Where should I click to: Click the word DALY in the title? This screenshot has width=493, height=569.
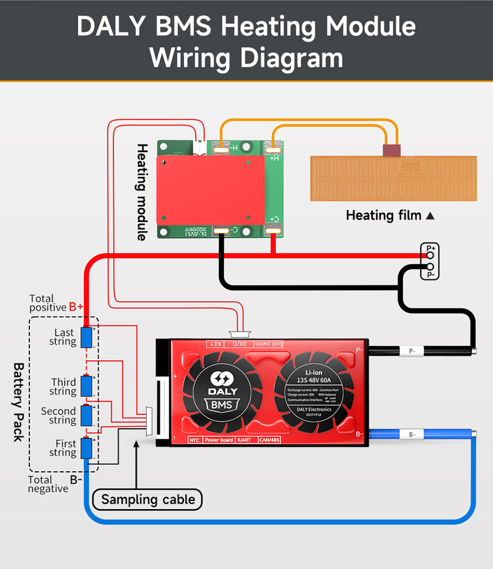pyautogui.click(x=114, y=27)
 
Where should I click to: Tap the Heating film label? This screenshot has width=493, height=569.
pyautogui.click(x=385, y=216)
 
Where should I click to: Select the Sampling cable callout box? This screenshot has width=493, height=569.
pyautogui.click(x=148, y=499)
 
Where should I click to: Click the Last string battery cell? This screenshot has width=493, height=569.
pyautogui.click(x=87, y=337)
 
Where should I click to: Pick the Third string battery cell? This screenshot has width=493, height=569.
pyautogui.click(x=87, y=386)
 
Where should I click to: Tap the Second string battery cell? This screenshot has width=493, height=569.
pyautogui.click(x=87, y=415)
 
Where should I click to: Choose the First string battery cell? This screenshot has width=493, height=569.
pyautogui.click(x=87, y=447)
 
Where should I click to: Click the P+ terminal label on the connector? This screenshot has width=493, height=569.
pyautogui.click(x=431, y=248)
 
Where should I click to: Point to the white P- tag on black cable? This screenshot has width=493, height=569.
pyautogui.click(x=412, y=351)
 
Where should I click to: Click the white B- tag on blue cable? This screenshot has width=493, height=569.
pyautogui.click(x=412, y=434)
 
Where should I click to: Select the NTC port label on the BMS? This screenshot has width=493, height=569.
pyautogui.click(x=194, y=440)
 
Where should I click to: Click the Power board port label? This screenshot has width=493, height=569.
pyautogui.click(x=219, y=440)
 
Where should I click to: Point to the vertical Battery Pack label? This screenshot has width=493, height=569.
pyautogui.click(x=19, y=402)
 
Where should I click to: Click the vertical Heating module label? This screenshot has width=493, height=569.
pyautogui.click(x=142, y=192)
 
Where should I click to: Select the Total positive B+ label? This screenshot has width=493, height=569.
pyautogui.click(x=56, y=303)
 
